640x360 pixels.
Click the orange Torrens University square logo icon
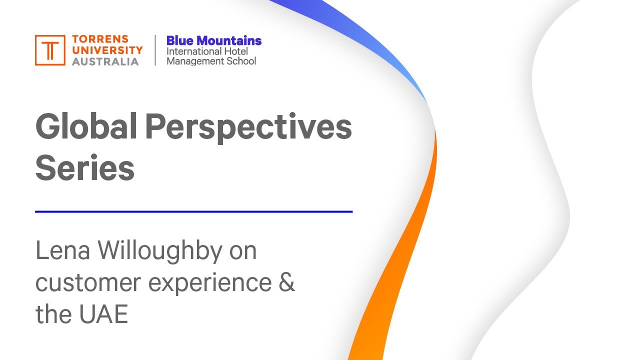coord(50,50)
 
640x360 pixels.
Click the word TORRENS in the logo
coord(100,39)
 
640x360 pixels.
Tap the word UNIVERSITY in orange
coord(107,50)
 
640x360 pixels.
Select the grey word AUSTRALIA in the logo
coord(105,61)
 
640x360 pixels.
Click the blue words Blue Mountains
coord(214,40)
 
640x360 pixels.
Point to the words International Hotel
coord(207,51)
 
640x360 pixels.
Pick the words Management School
coord(211,61)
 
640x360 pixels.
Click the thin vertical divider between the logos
coord(155,50)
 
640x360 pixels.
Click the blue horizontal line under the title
coord(193,211)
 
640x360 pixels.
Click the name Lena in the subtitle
coord(62,250)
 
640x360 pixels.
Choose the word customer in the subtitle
coord(88,283)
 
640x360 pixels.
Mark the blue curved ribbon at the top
coord(360,30)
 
